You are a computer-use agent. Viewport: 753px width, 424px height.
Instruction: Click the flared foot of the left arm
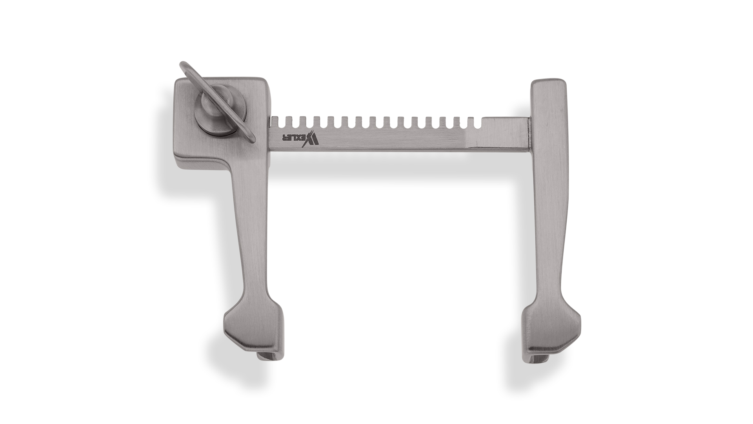253,330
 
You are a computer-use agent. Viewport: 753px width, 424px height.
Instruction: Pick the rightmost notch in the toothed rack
476,122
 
